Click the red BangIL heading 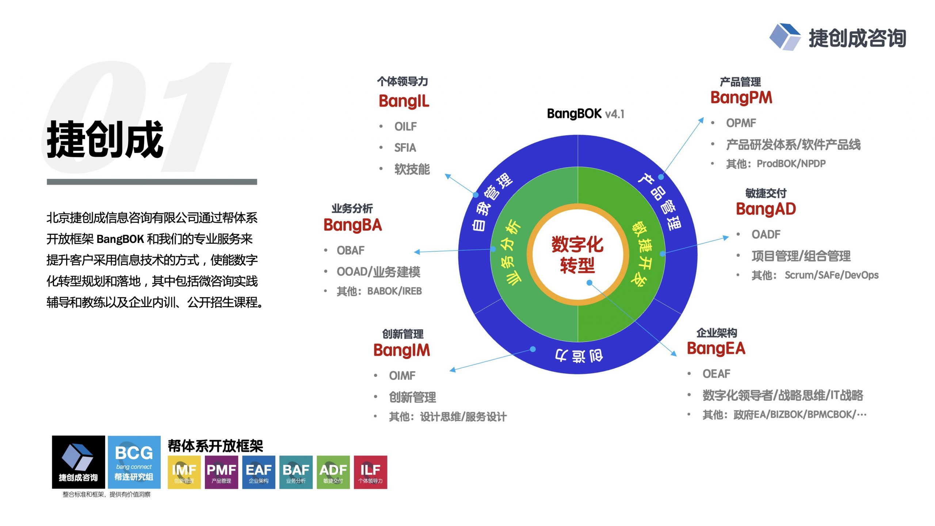click(x=404, y=101)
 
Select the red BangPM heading click(x=741, y=98)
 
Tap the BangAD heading click(x=766, y=209)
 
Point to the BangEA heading click(x=716, y=348)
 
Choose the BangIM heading click(x=402, y=350)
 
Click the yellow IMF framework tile click(x=184, y=472)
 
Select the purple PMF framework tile click(x=221, y=472)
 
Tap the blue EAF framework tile click(x=259, y=472)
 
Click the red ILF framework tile click(x=370, y=472)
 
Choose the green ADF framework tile click(x=333, y=472)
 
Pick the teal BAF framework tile click(x=296, y=472)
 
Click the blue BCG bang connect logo click(x=134, y=462)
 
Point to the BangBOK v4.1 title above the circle click(x=585, y=114)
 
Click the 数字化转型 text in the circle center click(x=577, y=255)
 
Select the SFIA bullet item click(x=405, y=148)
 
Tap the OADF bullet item click(x=766, y=235)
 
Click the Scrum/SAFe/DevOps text click(x=832, y=275)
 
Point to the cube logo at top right click(x=785, y=37)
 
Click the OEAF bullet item click(x=717, y=374)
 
